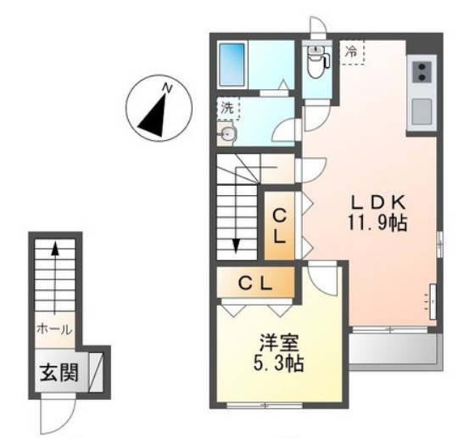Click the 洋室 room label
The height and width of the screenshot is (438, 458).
coord(278,346)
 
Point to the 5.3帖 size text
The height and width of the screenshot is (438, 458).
coord(278,367)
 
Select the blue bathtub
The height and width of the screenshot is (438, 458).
coord(232,60)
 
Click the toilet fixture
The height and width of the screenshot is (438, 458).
coord(316,60)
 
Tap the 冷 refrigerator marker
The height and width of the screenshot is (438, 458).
coord(352,51)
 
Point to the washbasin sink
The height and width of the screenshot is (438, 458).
coord(226,132)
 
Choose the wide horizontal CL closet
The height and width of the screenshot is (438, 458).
coord(254,284)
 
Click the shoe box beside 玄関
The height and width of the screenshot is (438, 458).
coord(95,372)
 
